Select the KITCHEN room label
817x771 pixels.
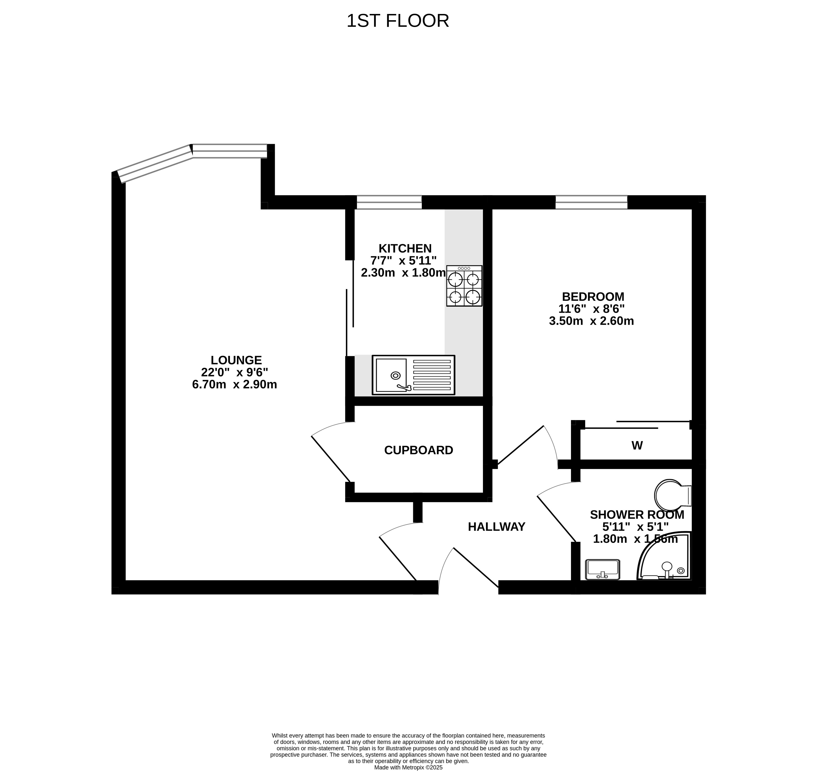pyautogui.click(x=405, y=248)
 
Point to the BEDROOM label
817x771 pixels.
pyautogui.click(x=593, y=296)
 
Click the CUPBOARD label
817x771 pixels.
pyautogui.click(x=419, y=450)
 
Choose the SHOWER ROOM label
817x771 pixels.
pyautogui.click(x=637, y=515)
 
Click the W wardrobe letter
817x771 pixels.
pyautogui.click(x=637, y=445)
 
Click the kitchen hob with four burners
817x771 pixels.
pyautogui.click(x=464, y=286)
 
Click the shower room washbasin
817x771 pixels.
pyautogui.click(x=602, y=569)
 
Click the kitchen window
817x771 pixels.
pyautogui.click(x=389, y=202)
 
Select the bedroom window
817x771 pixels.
pyautogui.click(x=591, y=202)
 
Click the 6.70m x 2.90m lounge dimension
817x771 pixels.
pyautogui.click(x=234, y=384)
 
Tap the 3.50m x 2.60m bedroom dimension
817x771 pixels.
pyautogui.click(x=591, y=321)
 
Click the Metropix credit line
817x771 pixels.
pyautogui.click(x=408, y=767)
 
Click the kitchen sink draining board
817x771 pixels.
pyautogui.click(x=432, y=375)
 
